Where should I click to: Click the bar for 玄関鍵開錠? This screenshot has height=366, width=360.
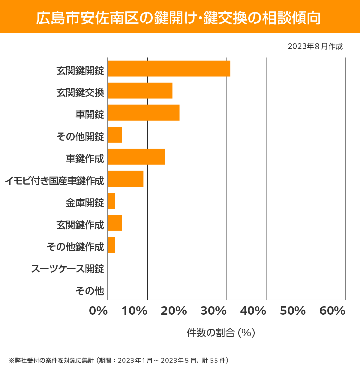[x=169, y=68]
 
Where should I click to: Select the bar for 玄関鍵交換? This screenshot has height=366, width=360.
[x=140, y=90]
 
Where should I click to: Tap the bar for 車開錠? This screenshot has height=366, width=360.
[x=143, y=113]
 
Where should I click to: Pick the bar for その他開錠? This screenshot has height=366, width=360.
[x=115, y=135]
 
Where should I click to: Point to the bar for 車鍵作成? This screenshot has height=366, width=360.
[x=136, y=157]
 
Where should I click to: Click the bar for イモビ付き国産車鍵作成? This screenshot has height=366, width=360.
[x=125, y=179]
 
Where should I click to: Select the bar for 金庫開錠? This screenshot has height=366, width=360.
[x=111, y=201]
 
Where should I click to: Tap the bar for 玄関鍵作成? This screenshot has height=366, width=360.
[x=115, y=223]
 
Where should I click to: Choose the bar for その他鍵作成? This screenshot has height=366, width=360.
[x=111, y=245]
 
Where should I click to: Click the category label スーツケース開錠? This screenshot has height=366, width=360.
[x=67, y=269]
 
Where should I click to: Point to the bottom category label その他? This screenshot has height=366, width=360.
[x=89, y=291]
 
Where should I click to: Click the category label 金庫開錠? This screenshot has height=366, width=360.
[x=85, y=203]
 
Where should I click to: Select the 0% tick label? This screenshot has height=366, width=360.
[x=98, y=311]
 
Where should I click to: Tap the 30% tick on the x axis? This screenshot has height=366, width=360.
[x=213, y=311]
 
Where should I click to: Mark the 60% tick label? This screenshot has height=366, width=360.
[x=332, y=311]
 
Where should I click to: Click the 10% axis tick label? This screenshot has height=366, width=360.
[x=134, y=311]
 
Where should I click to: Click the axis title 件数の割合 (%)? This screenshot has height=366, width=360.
[x=221, y=333]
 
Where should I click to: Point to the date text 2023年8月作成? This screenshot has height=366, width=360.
[x=315, y=47]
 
